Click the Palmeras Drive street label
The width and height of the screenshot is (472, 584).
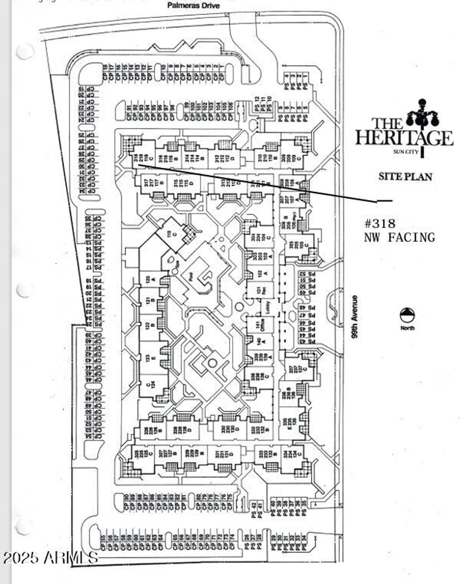point(193,5)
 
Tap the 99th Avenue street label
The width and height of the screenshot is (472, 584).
point(354,317)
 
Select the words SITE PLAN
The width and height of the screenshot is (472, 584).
point(405,176)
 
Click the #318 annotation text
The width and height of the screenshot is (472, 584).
point(380,223)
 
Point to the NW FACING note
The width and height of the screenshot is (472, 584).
point(399,237)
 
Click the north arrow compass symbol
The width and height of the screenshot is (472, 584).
point(407,315)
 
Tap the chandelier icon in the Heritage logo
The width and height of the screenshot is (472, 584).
point(421,115)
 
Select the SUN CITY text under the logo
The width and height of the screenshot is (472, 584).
point(405,151)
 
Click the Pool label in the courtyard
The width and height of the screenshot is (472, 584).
point(191,276)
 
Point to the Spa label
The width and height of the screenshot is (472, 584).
point(176,264)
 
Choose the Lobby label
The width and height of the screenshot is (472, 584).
point(268,306)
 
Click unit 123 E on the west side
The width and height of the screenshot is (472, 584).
point(148,358)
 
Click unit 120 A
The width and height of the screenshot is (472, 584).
point(148,279)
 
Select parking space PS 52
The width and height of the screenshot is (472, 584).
point(307,274)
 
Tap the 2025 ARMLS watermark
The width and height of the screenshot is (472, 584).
point(51,558)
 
